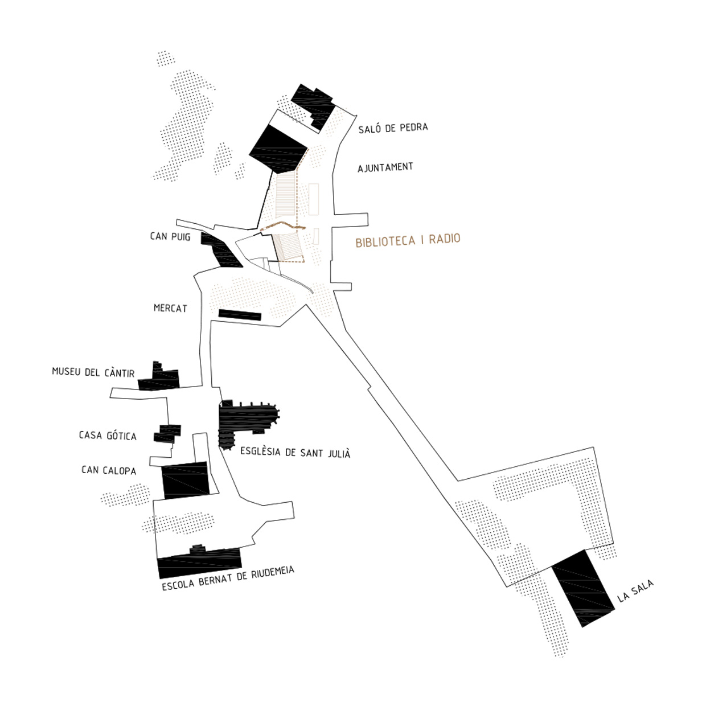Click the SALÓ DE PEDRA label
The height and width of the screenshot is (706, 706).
(x=393, y=128)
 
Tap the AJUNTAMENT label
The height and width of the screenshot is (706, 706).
(x=385, y=167)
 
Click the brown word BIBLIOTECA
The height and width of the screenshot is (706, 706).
(x=385, y=241)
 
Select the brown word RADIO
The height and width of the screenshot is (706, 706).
(x=444, y=239)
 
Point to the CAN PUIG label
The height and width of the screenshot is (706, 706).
(x=170, y=236)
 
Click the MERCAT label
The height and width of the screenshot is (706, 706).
(x=170, y=308)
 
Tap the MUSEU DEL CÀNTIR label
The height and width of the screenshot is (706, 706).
(x=93, y=372)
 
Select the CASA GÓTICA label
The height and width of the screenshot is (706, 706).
(x=108, y=436)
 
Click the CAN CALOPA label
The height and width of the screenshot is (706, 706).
(x=109, y=470)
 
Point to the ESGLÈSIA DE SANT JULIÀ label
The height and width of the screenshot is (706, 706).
(x=295, y=453)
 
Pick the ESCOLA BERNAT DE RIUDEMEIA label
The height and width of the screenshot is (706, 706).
(x=228, y=578)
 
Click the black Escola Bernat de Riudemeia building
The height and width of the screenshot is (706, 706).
(x=199, y=563)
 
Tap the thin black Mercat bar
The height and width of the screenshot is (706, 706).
(x=240, y=315)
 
